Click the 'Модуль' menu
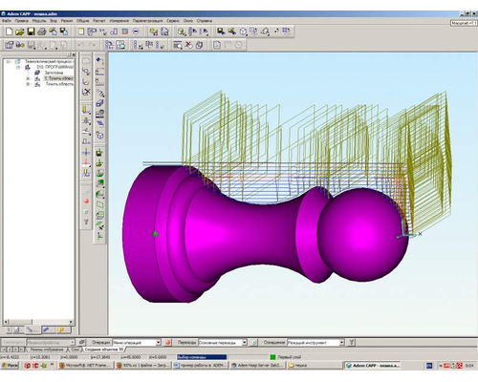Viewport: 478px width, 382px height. click(39, 20)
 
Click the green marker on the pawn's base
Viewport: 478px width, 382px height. click(155, 233)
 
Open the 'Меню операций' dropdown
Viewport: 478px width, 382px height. click(135, 341)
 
